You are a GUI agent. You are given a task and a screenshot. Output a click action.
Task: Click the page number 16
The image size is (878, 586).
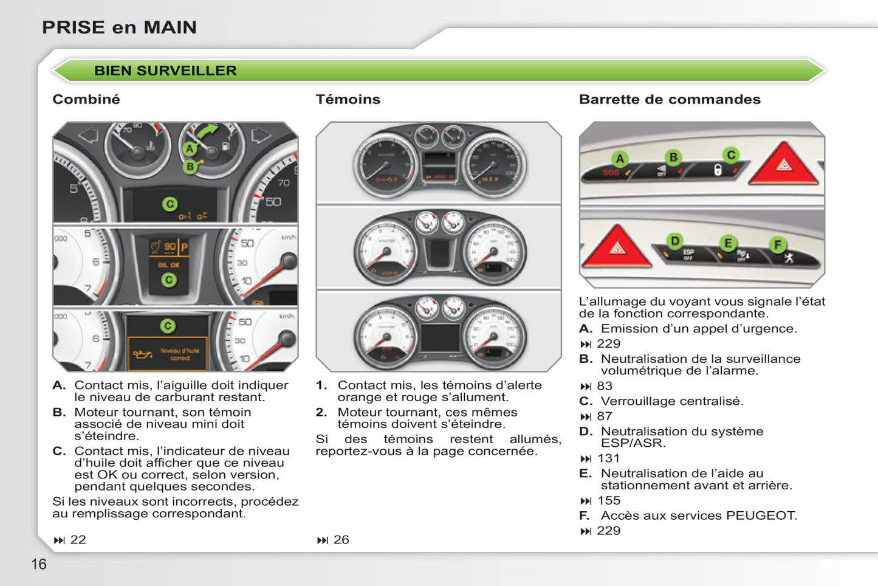(38, 564)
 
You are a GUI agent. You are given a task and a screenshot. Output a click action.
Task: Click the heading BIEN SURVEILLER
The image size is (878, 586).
(165, 71)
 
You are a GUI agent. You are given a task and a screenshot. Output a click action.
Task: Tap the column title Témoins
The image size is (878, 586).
(348, 99)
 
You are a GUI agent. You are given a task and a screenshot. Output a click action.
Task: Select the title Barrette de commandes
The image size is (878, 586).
(670, 99)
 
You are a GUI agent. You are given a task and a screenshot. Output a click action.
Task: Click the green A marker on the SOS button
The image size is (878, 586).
(620, 159)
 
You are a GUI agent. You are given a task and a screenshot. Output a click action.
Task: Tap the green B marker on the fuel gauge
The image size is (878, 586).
(190, 166)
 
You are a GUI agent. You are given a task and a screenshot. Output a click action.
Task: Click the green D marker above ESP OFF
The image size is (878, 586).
(674, 241)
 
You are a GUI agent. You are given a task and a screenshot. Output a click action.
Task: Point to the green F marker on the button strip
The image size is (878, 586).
(777, 245)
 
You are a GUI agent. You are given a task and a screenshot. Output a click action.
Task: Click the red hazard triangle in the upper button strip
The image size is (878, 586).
(784, 164)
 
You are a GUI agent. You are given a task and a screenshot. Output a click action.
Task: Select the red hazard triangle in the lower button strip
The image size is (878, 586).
(617, 247)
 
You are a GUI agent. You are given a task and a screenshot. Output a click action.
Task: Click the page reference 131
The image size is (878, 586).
(608, 458)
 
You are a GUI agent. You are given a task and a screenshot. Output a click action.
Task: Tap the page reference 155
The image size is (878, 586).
(608, 500)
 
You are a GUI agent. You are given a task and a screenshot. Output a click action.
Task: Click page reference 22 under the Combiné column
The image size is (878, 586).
(78, 540)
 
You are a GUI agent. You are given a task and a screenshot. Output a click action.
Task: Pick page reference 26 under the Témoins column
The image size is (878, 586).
(341, 540)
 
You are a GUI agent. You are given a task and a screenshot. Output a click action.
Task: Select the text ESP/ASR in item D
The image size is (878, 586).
(633, 443)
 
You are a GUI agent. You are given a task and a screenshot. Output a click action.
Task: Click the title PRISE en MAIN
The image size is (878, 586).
(119, 27)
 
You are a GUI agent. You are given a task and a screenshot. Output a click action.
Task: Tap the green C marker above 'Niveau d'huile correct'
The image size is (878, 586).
(168, 326)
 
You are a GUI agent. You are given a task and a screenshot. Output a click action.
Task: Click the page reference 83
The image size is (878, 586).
(605, 386)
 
